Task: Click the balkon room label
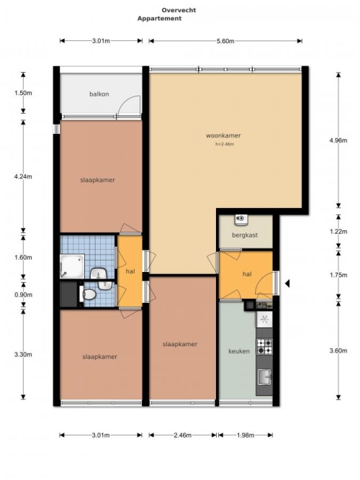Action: pos(99,94)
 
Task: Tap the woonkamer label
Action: pos(223,135)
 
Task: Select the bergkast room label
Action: pos(245,235)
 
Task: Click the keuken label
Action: pos(239,351)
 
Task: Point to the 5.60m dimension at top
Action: pos(225,41)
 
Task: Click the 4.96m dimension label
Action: pos(338,140)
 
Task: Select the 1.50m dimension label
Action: pos(23,93)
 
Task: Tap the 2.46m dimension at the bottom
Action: pos(183,435)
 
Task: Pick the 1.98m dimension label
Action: pos(246,435)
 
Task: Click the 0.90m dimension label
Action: pos(23,295)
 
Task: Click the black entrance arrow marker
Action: pos(287,284)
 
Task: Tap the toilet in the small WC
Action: pos(89,294)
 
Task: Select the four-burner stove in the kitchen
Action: pos(264,347)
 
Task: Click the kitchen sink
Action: pos(264,377)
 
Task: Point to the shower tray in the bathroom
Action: pos(72,266)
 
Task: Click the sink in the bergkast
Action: pos(241,219)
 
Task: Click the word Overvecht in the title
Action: pos(179,10)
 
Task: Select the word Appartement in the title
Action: pos(159,19)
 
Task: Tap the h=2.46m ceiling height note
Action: pos(225,144)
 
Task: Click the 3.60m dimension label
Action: pos(338,350)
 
